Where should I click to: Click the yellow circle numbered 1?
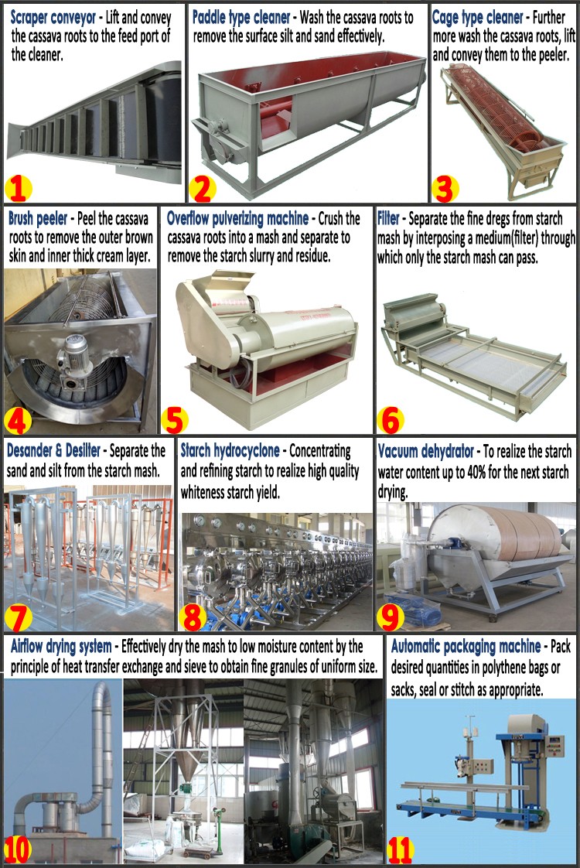[18, 188]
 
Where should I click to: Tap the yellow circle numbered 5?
[174, 421]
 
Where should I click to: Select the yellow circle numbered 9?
[391, 617]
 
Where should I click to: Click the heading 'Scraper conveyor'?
[53, 18]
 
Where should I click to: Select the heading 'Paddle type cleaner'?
[241, 18]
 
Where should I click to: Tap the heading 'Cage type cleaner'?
[477, 18]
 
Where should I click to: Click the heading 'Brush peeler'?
[38, 219]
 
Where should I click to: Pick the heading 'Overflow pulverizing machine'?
[238, 219]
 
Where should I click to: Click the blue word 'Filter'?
[388, 218]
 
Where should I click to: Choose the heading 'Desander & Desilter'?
[53, 450]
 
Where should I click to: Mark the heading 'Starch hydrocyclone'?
[230, 451]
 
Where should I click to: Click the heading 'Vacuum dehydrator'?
[425, 452]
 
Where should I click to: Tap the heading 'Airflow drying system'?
[61, 646]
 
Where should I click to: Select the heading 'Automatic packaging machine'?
[466, 646]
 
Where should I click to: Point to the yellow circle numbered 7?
[19, 617]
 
